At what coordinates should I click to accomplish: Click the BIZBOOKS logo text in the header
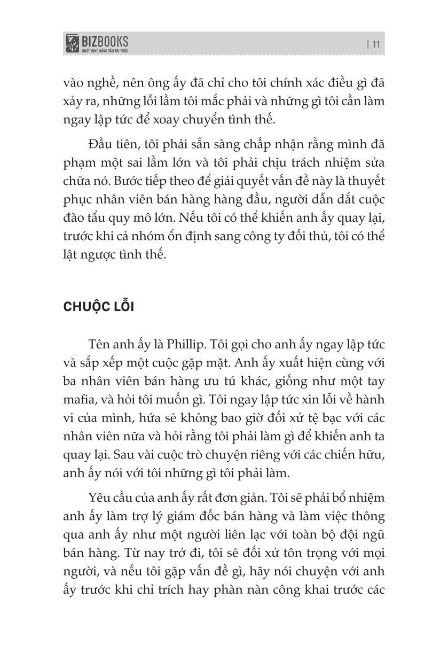point(105,40)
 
